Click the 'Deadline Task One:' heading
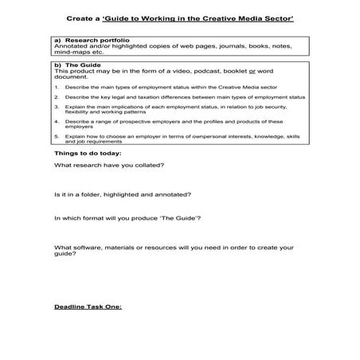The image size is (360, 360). click(x=88, y=307)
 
